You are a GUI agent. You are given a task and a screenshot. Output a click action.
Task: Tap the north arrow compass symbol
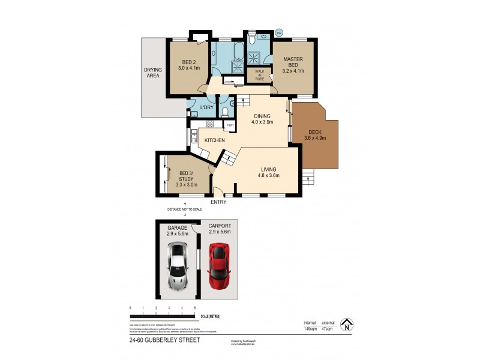coord(345,325)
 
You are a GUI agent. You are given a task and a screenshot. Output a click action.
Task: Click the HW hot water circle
coord(279,32)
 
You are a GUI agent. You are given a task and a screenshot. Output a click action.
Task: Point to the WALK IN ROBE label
coord(260,75)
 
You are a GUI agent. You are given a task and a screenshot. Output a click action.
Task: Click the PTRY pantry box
coord(230,125)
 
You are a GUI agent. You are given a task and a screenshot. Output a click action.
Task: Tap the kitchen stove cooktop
coord(210,124)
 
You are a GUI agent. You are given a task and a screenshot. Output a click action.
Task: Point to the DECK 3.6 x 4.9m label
coord(314,136)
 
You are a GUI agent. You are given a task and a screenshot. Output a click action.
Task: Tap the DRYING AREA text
coord(152,73)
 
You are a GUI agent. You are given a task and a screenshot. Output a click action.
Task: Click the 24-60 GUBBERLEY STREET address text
coord(164,340)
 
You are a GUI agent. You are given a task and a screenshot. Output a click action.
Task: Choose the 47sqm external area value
coord(328,329)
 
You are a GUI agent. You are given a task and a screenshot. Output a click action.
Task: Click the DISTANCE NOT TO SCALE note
coord(185,209)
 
